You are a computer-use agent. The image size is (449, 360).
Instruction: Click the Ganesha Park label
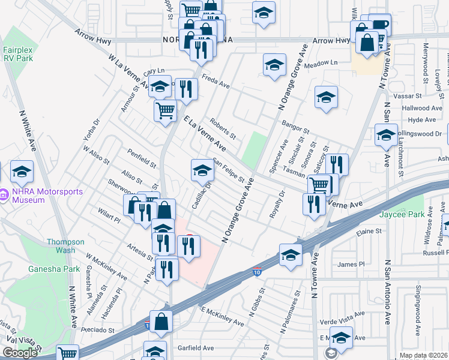pyautogui.click(x=54, y=269)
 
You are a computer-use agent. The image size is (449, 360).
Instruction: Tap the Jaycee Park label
pyautogui.click(x=402, y=214)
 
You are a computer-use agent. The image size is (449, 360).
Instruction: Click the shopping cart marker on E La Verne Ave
pyautogui.click(x=166, y=110)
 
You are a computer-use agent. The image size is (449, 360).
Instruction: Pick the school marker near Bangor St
pyautogui.click(x=326, y=97)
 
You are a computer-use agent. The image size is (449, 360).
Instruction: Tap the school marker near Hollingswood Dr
pyautogui.click(x=386, y=134)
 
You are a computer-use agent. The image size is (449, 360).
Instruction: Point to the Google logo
pyautogui.click(x=19, y=353)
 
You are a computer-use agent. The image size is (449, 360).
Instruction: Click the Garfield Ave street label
pyautogui.click(x=196, y=347)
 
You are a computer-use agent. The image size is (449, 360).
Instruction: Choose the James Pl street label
pyautogui.click(x=351, y=264)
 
